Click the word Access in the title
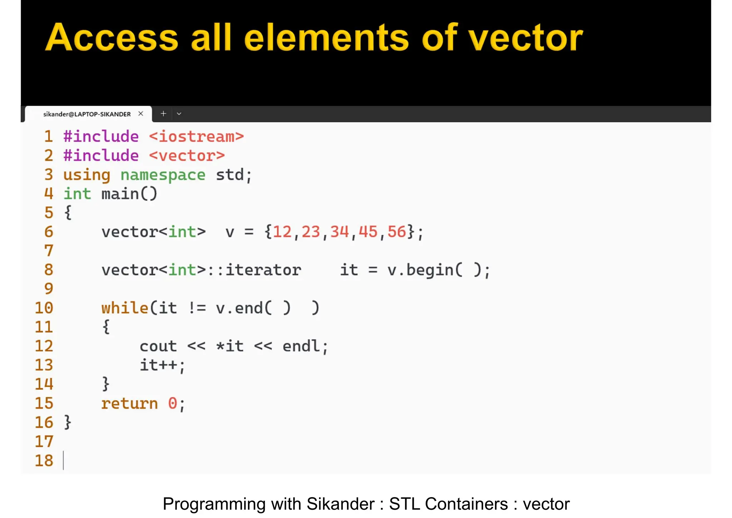[x=112, y=38]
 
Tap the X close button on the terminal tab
[x=141, y=114]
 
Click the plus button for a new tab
[x=163, y=114]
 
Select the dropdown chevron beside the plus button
[x=179, y=114]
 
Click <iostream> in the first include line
[x=196, y=137]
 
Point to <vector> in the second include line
[x=187, y=156]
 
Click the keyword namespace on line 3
[x=163, y=175]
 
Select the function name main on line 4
[x=120, y=194]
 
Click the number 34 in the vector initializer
[x=339, y=232]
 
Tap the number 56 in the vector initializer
[x=397, y=232]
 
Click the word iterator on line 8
[x=263, y=270]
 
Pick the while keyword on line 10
[x=125, y=308]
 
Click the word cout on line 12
[x=158, y=346]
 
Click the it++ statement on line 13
[x=162, y=365]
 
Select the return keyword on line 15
[x=129, y=404]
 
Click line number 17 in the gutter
[x=44, y=441]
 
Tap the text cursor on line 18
[x=64, y=460]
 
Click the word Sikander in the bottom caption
[x=340, y=504]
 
